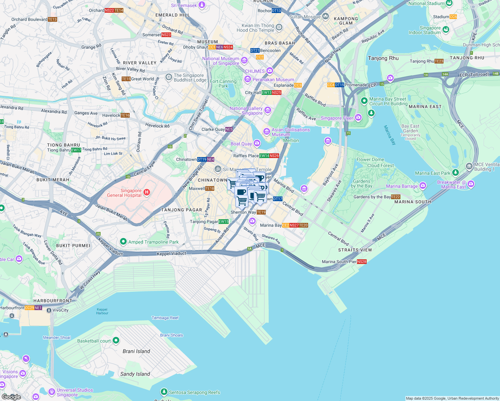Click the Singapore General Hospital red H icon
pos(146,192)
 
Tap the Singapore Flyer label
pos(337,118)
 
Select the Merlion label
pos(291,140)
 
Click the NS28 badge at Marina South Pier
pos(362,262)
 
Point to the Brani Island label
pos(136,351)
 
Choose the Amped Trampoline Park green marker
pos(123,242)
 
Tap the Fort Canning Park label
pos(223,84)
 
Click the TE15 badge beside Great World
pos(126,79)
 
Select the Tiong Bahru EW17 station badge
pos(76,150)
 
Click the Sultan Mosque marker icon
pos(326,16)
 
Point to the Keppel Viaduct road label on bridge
pos(171,254)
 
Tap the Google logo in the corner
pos(11,397)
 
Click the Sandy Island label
pos(135,374)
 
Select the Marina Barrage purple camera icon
pos(423,185)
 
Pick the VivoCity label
pos(60,310)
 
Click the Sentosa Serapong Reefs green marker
pos(164,392)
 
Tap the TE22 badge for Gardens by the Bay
pos(395,197)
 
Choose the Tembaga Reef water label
pos(165,318)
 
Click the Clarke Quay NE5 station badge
pos(229,129)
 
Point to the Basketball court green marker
pos(116,341)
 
